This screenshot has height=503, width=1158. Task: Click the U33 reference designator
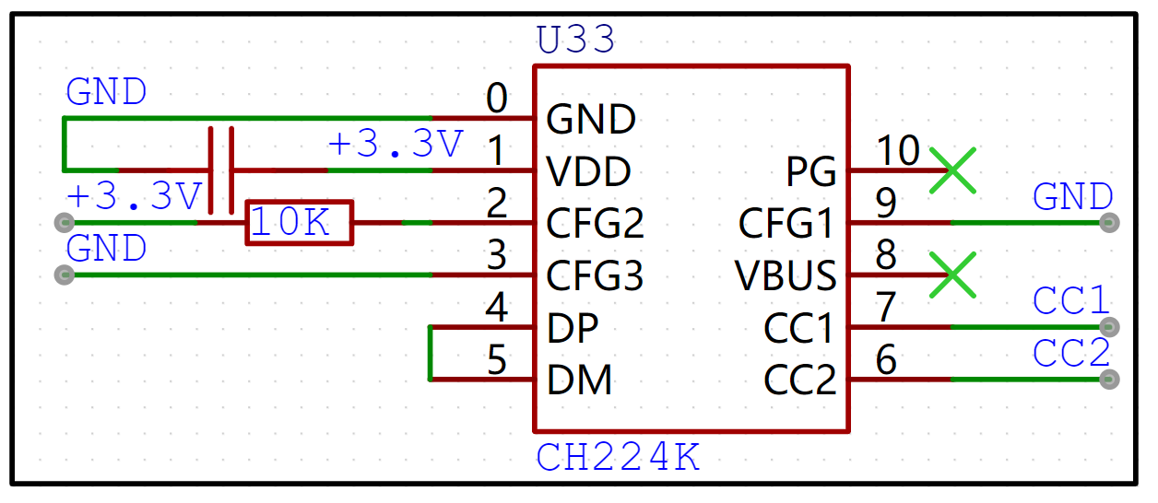574,41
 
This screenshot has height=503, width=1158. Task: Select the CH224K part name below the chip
618,458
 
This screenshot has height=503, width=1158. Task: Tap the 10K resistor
299,223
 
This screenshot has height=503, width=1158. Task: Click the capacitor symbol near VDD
221,170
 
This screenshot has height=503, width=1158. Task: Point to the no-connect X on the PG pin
952,170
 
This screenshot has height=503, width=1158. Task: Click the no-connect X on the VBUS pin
952,275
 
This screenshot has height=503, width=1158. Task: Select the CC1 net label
1071,302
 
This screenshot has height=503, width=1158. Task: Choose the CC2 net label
1071,355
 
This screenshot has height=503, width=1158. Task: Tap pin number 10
897,149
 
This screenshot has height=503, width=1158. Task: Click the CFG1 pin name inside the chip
786,224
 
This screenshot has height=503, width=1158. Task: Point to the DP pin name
572,328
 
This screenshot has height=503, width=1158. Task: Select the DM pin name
579,380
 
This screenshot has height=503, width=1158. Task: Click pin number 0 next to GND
497,99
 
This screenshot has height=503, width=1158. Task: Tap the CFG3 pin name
595,275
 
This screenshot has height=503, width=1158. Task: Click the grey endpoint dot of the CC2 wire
1110,379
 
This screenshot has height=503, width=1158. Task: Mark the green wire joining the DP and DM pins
431,353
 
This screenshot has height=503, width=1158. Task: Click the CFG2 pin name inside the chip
595,224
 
